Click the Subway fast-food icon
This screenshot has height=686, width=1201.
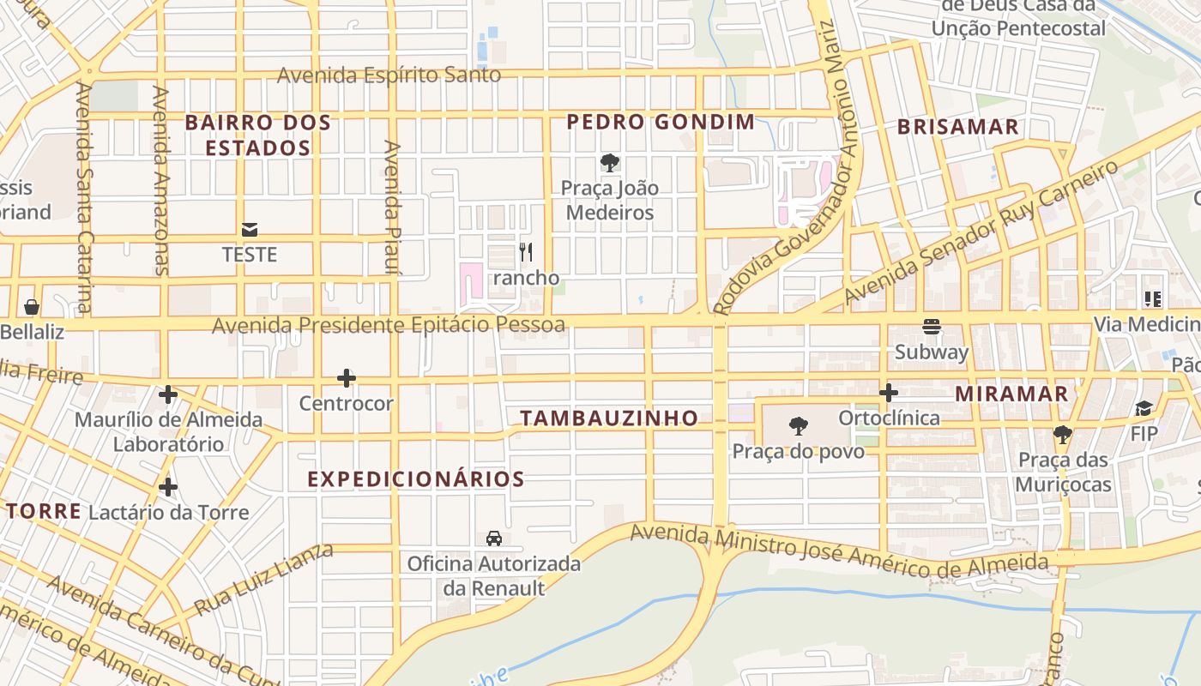pos(932,327)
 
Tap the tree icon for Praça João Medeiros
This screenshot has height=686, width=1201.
pos(610,162)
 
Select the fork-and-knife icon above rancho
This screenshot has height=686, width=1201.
pos(526,252)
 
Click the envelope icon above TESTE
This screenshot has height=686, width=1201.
pos(250,230)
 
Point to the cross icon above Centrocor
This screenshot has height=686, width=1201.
pos(347,378)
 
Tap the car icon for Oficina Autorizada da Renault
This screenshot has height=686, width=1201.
pos(494,539)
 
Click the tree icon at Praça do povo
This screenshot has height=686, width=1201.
pos(799,425)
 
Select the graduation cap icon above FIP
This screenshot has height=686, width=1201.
pos(1144,408)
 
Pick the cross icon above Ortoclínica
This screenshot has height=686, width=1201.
pos(889,393)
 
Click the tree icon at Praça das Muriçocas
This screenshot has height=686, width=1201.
pos(1063,435)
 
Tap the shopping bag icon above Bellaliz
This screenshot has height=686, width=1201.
pos(32,306)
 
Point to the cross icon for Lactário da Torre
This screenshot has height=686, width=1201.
pos(168,487)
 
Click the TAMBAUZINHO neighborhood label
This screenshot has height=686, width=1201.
pos(609,418)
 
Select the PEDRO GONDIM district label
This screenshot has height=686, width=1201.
pos(661,122)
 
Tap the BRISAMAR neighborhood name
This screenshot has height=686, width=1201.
pos(958,127)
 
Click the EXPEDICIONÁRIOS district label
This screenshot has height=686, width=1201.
pos(416,479)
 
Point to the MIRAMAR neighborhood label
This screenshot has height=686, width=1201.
pos(1011,394)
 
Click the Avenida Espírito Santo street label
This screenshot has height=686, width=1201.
pos(389,75)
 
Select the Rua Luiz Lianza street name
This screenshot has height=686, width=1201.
pos(263,579)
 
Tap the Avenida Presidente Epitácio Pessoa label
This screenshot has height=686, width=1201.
pos(389,325)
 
